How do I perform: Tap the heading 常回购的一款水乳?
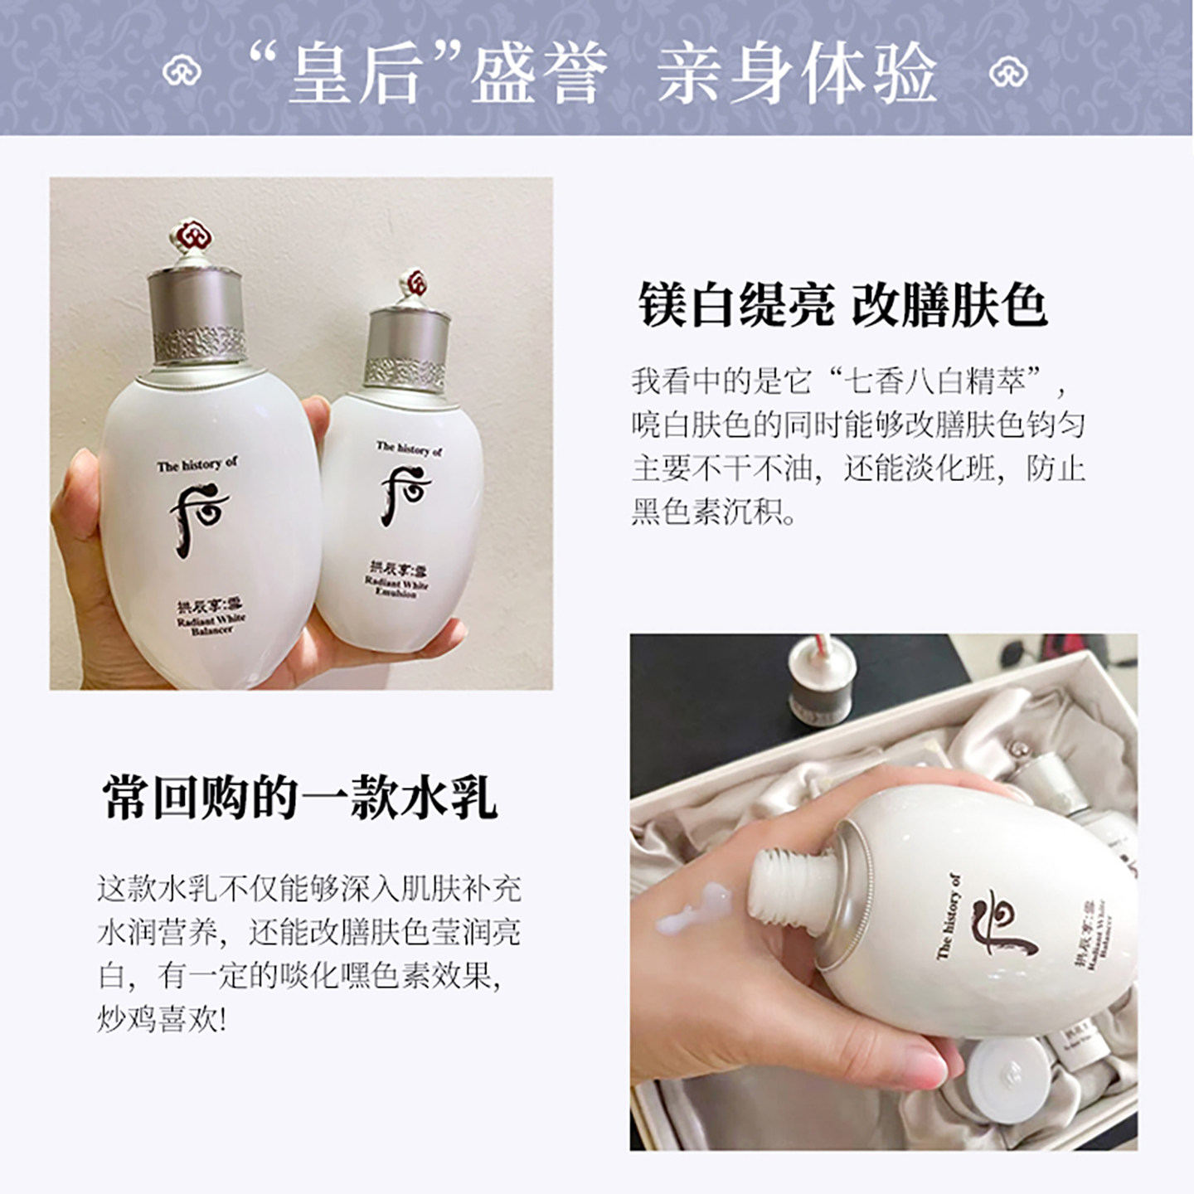click(299, 798)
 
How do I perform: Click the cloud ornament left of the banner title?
click(182, 71)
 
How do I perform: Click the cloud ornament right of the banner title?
click(1008, 71)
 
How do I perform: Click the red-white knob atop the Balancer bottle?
click(197, 237)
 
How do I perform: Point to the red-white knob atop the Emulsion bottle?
click(412, 284)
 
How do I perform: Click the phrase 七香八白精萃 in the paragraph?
click(934, 381)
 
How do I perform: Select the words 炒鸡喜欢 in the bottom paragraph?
click(158, 1019)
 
